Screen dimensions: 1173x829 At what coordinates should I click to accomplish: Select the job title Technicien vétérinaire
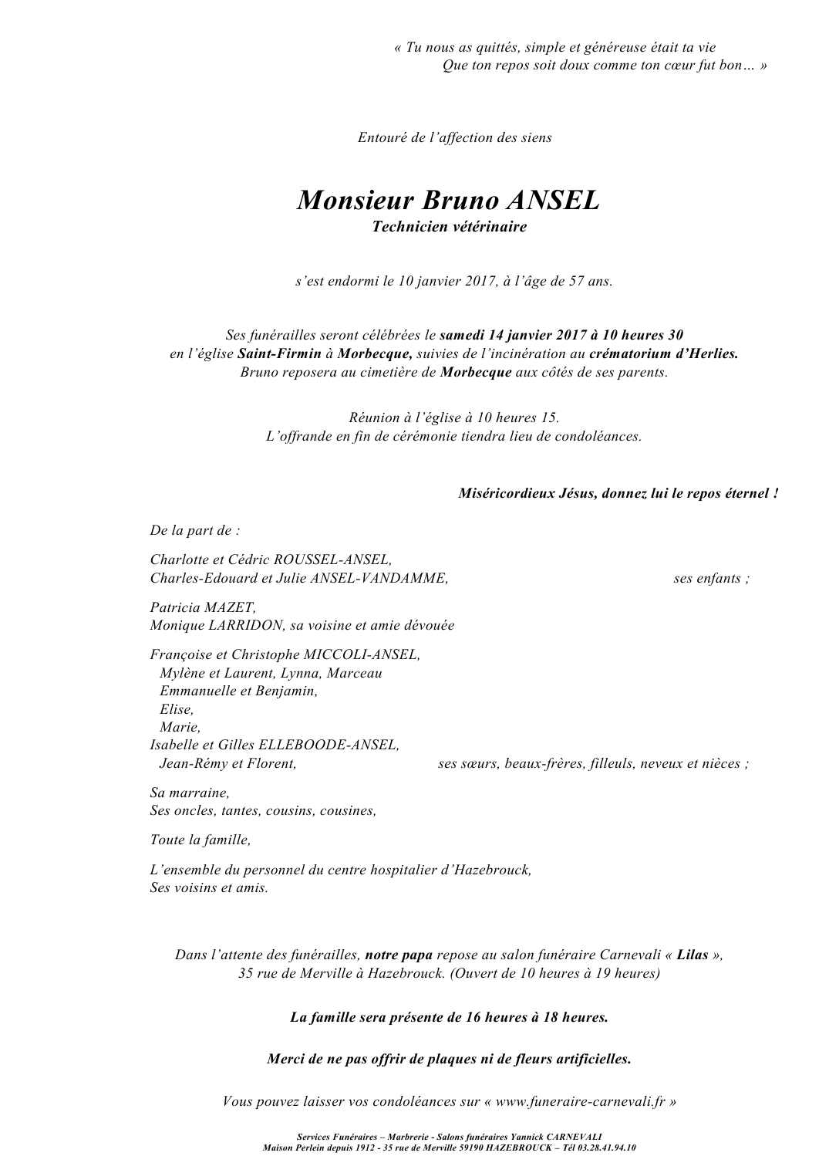449,227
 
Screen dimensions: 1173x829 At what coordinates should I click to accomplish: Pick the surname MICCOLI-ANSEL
362,654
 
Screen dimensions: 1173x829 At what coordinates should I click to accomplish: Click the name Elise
176,709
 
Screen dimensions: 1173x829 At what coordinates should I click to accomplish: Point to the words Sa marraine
190,793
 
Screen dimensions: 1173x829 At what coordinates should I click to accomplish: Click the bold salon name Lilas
692,955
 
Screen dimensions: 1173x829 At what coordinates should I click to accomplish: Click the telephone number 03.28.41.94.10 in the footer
608,1148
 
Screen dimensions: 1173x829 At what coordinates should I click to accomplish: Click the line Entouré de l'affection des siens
455,137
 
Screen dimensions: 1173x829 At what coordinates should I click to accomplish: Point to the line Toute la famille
201,840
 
